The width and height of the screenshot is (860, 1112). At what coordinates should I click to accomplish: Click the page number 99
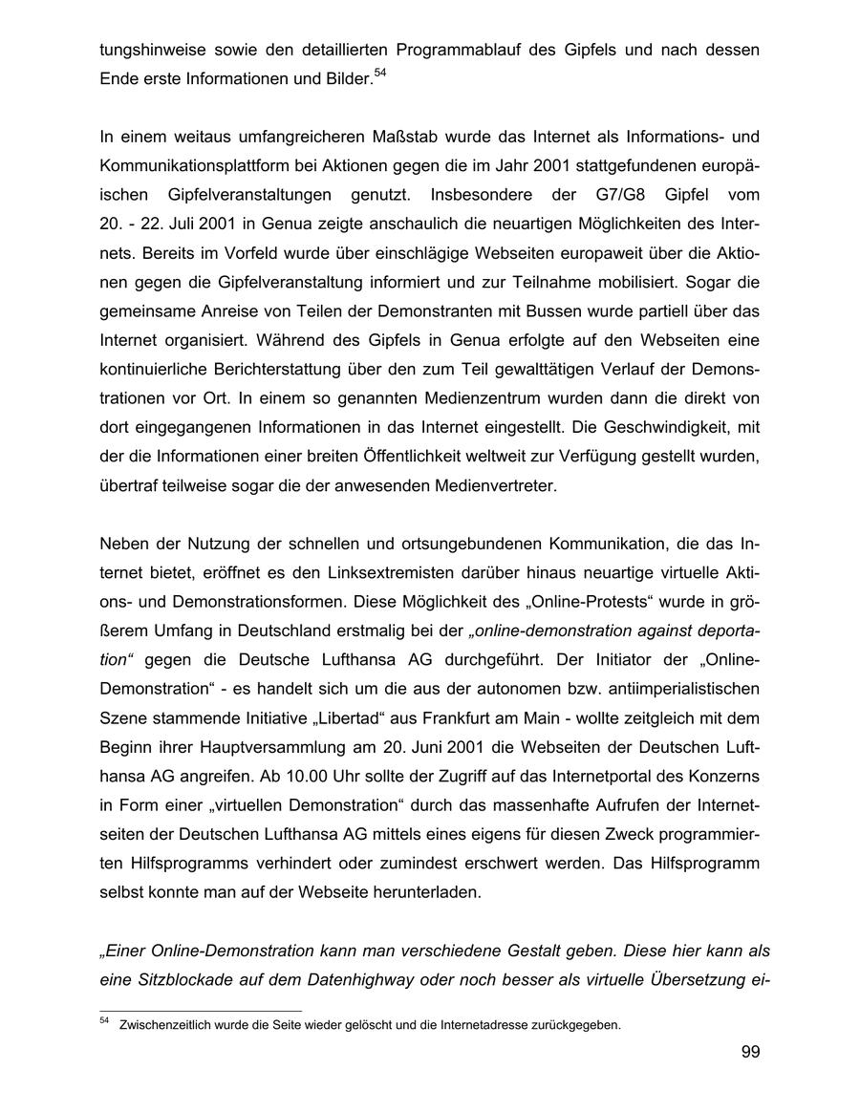coord(749,1053)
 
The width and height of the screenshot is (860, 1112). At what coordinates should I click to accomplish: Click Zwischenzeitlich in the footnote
coord(168,1026)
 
